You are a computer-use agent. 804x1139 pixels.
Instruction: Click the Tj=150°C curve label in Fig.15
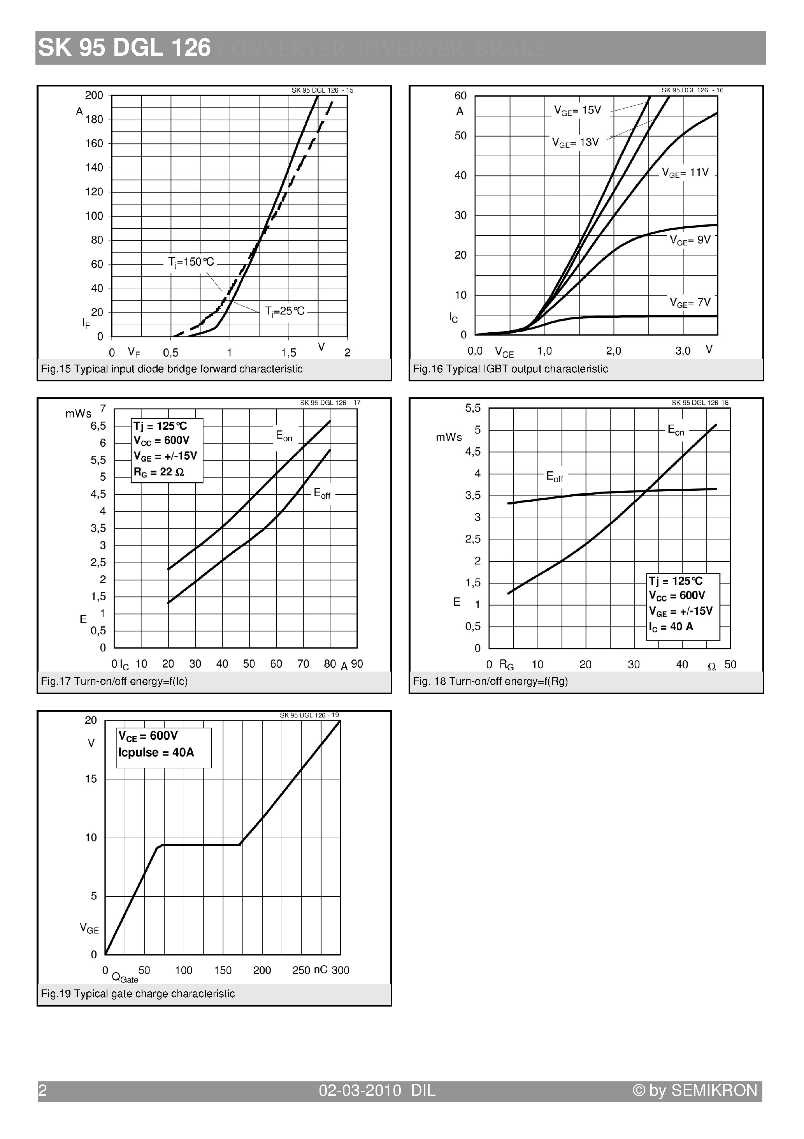(191, 262)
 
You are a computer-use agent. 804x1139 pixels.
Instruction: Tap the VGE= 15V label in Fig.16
(577, 111)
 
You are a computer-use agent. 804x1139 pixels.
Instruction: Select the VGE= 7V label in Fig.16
(690, 302)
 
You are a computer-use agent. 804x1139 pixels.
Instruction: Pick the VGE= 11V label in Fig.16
(686, 173)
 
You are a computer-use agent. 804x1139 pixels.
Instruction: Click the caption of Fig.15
(172, 369)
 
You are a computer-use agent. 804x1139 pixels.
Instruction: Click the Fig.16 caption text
(510, 369)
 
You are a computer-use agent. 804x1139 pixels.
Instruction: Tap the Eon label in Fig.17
(284, 436)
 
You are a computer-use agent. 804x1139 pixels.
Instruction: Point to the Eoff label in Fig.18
(555, 477)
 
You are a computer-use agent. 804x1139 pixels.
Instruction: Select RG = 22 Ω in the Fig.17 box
(159, 472)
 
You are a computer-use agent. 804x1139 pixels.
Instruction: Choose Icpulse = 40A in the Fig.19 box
(156, 753)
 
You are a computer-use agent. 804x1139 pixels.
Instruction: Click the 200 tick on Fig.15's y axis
(94, 95)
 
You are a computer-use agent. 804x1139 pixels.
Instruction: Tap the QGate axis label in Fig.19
(125, 978)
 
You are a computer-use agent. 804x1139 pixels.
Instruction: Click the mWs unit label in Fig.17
(78, 414)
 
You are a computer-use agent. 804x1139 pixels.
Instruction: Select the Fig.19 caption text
(138, 994)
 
